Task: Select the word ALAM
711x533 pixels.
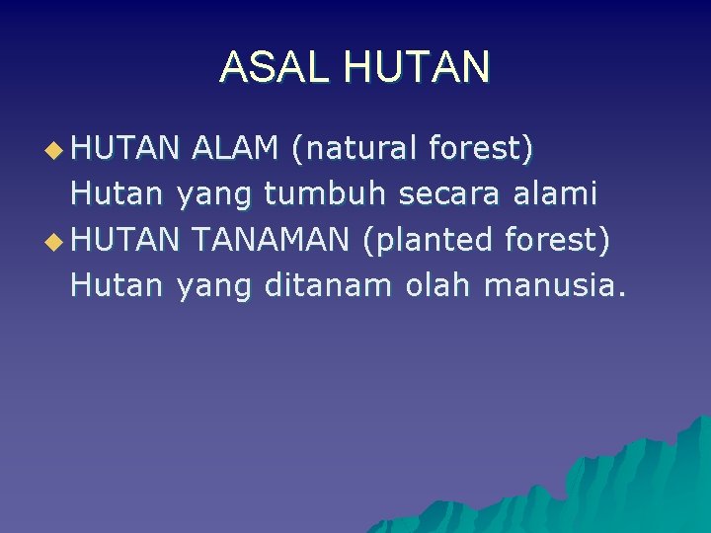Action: tap(235, 149)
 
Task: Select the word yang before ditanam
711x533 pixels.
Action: tap(215, 286)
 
